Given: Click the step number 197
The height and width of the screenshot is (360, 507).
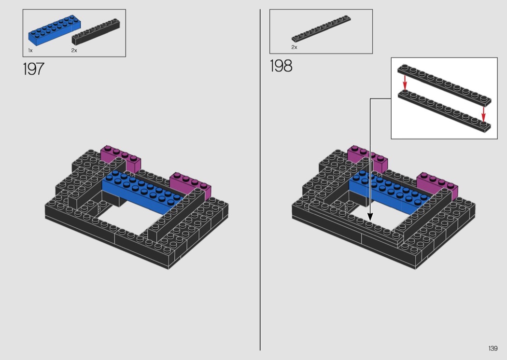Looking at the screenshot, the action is (33, 69).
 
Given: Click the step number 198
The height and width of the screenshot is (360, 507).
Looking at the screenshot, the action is (281, 66).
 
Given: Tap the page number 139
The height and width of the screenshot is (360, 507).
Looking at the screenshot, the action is (493, 348).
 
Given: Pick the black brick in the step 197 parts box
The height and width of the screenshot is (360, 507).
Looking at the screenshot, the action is (96, 32).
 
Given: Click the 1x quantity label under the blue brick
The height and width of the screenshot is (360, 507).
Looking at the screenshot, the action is (30, 50).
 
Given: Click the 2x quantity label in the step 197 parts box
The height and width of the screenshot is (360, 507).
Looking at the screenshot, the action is (74, 50).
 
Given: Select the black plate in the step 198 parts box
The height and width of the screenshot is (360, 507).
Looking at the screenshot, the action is (321, 28).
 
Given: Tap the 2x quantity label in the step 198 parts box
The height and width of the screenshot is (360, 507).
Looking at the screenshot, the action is (294, 47).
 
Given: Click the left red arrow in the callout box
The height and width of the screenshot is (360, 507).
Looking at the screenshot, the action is (405, 82).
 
